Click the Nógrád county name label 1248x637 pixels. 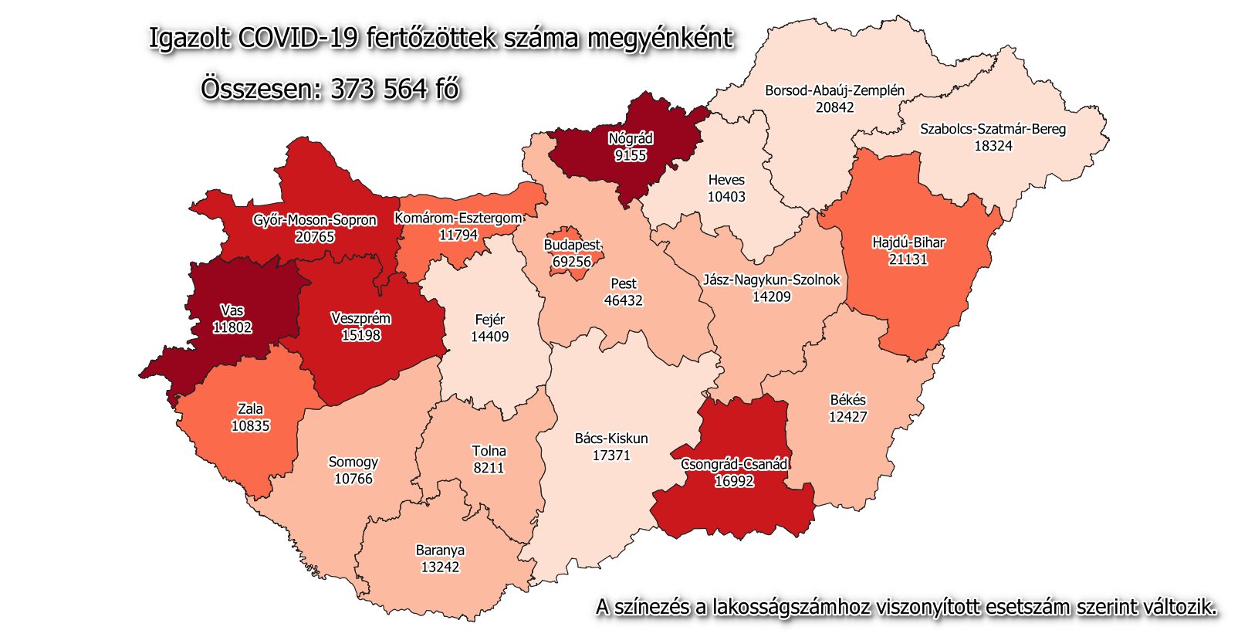(631, 139)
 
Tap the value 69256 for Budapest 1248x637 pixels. (572, 262)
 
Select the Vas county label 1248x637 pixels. (232, 310)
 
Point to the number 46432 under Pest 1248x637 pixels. (623, 300)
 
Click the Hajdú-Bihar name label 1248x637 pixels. (908, 242)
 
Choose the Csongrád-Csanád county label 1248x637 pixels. (734, 464)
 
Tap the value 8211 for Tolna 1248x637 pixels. (489, 468)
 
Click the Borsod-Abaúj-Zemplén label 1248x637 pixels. (834, 90)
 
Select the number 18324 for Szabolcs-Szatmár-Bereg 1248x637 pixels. (993, 146)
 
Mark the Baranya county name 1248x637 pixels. (440, 551)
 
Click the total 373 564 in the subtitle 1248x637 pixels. (379, 90)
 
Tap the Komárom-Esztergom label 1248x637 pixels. (458, 219)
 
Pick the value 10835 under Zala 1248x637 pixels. (250, 426)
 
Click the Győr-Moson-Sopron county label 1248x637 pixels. (315, 220)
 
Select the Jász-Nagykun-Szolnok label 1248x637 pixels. (771, 280)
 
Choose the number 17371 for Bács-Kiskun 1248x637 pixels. (611, 456)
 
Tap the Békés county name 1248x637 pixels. (847, 400)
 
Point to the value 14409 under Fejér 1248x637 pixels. (489, 337)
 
